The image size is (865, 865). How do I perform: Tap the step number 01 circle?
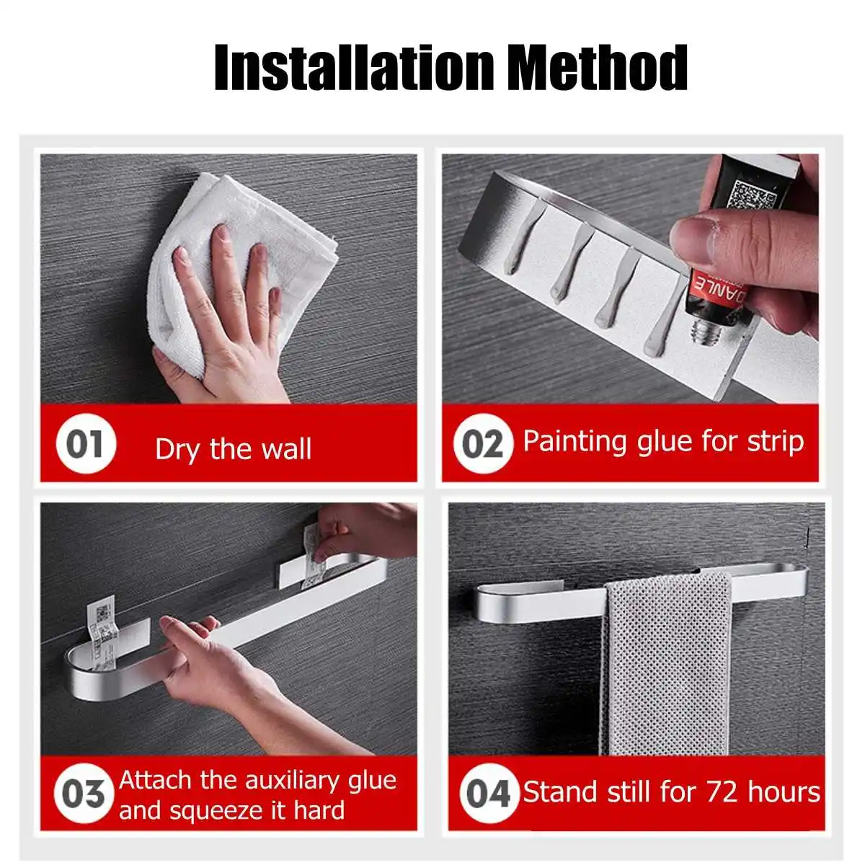click(x=86, y=445)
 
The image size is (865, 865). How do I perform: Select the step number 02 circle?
click(x=483, y=444)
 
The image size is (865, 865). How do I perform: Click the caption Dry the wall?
click(x=233, y=450)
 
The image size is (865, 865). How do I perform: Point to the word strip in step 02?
click(x=775, y=442)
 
